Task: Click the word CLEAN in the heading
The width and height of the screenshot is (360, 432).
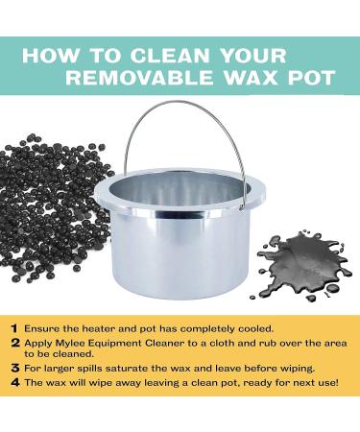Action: (x=170, y=56)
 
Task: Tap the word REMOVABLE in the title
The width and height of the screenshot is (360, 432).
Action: (x=139, y=77)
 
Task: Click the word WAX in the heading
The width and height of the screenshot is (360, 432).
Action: (x=247, y=77)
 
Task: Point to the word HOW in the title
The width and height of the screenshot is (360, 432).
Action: (x=50, y=56)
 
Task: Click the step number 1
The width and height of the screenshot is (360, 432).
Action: (x=14, y=328)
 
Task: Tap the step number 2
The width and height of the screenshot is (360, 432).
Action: (x=15, y=343)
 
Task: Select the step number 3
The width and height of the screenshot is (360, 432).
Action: (x=15, y=368)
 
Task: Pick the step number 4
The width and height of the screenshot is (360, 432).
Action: (x=15, y=382)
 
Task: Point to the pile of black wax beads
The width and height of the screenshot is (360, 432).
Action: (x=55, y=208)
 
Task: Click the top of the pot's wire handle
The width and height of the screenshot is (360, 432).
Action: (x=181, y=102)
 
